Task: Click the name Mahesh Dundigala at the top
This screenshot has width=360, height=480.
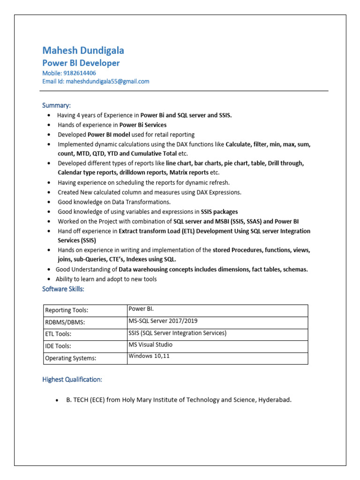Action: [x=83, y=51]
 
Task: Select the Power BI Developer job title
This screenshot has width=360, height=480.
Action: [x=81, y=63]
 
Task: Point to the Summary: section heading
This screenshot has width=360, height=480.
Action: [x=56, y=105]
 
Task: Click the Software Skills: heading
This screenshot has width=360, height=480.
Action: [x=63, y=289]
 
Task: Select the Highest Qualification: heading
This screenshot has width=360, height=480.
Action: [x=72, y=379]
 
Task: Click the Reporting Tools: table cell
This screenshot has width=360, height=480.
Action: [x=66, y=310]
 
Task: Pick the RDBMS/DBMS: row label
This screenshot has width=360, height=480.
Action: [x=65, y=322]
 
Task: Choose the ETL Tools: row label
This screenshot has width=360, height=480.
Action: [x=58, y=334]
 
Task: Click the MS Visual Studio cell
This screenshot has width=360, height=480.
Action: [x=150, y=345]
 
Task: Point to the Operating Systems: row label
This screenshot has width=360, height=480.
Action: [x=70, y=358]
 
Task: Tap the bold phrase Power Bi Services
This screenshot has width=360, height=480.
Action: [x=143, y=125]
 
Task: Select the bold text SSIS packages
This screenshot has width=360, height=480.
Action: [x=219, y=212]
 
